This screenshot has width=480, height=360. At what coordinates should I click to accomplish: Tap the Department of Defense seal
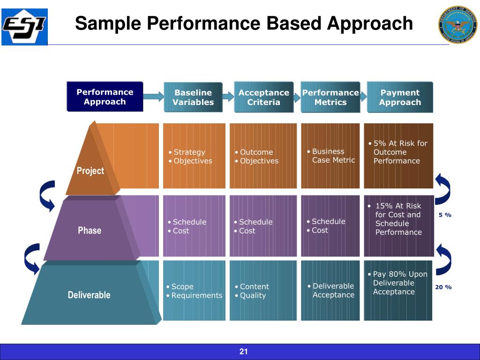click(457, 25)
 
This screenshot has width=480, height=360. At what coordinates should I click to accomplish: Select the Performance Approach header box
click(105, 97)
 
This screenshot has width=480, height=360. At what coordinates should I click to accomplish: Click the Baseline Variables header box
click(193, 97)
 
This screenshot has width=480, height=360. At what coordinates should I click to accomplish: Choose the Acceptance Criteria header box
click(263, 97)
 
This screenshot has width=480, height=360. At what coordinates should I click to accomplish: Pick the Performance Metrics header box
click(330, 97)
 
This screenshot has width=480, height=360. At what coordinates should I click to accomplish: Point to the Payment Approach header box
click(400, 97)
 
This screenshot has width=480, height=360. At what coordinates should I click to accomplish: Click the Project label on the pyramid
click(90, 171)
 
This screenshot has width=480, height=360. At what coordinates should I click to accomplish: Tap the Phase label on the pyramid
click(89, 230)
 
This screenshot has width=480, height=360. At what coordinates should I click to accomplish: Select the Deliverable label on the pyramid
click(89, 295)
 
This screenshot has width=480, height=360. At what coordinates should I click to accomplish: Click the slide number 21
click(243, 352)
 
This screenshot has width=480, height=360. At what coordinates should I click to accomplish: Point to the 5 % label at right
click(445, 215)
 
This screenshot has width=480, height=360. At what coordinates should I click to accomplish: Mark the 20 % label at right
click(443, 287)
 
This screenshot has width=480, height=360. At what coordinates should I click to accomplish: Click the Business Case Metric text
click(333, 156)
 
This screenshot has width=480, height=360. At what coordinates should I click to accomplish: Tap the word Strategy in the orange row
click(189, 152)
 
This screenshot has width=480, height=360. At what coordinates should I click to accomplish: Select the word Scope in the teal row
click(182, 286)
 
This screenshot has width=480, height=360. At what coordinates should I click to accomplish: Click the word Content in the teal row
click(254, 286)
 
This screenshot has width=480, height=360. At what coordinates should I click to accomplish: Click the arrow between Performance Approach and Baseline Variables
click(153, 97)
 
